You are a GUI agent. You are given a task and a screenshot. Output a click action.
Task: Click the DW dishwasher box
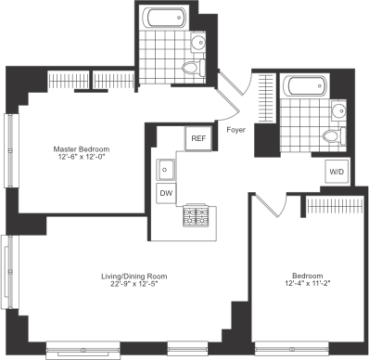click(166, 193)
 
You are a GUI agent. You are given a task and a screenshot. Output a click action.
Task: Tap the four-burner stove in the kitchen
click(197, 217)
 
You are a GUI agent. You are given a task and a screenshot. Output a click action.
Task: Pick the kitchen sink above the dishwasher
click(165, 170)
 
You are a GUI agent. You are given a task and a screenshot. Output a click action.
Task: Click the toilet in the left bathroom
click(193, 69)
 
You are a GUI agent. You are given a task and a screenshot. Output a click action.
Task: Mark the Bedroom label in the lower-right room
click(306, 276)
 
